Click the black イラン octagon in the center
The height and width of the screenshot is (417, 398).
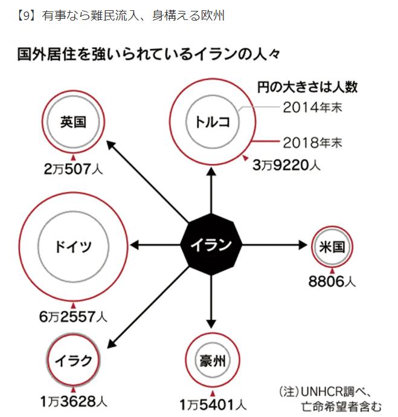(211, 245)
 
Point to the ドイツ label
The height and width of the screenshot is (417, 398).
(73, 246)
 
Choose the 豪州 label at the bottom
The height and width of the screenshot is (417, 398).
(211, 361)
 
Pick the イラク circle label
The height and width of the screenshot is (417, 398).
(73, 361)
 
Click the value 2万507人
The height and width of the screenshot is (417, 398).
(73, 169)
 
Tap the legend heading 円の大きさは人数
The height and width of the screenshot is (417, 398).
(307, 87)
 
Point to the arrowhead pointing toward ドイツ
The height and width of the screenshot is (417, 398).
(135, 245)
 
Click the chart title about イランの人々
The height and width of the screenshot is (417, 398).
(149, 55)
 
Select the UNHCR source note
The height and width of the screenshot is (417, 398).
(329, 396)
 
